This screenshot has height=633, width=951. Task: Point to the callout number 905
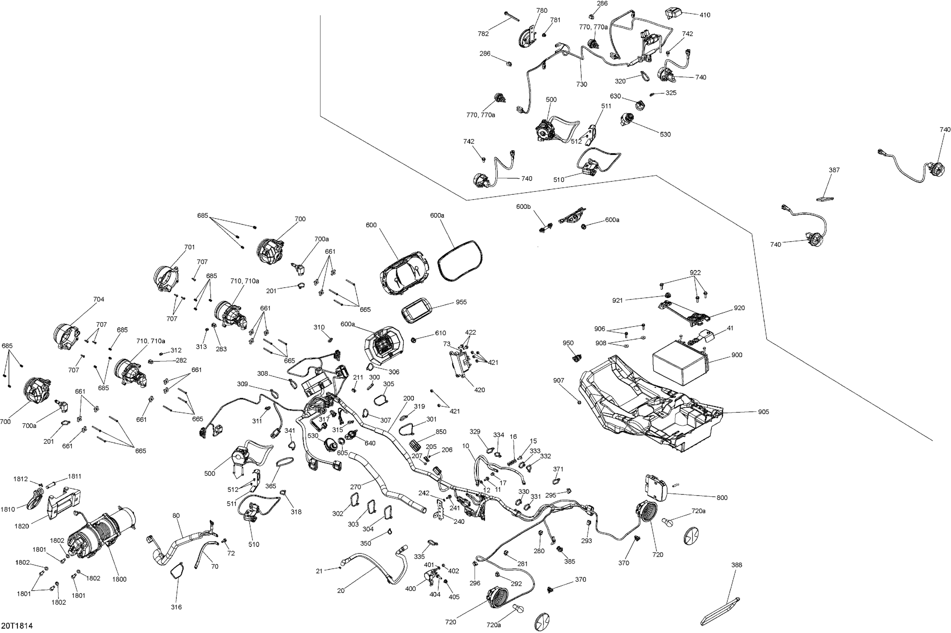pyautogui.click(x=763, y=412)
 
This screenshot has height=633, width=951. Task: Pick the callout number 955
pyautogui.click(x=461, y=302)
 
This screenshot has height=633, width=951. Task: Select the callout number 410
pyautogui.click(x=705, y=15)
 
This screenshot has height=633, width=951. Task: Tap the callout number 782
pyautogui.click(x=483, y=34)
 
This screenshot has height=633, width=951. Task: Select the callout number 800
pyautogui.click(x=722, y=498)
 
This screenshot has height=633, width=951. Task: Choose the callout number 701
pyautogui.click(x=189, y=247)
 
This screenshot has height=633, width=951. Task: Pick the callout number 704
pyautogui.click(x=99, y=299)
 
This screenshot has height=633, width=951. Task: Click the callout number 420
pyautogui.click(x=480, y=390)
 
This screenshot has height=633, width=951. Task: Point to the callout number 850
pyautogui.click(x=441, y=432)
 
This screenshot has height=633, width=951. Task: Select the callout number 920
pyautogui.click(x=739, y=308)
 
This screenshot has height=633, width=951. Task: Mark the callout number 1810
pyautogui.click(x=8, y=509)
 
